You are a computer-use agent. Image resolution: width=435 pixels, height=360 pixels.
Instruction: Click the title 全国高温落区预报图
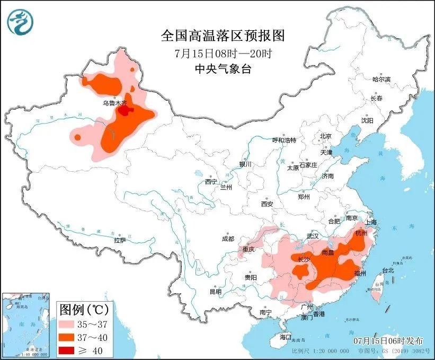click(223, 36)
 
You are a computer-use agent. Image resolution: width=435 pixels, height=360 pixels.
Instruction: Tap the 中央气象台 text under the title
click(223, 68)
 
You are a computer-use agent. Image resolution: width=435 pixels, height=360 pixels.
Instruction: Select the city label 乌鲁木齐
click(114, 104)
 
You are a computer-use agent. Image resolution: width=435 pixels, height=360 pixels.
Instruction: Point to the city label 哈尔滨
click(381, 79)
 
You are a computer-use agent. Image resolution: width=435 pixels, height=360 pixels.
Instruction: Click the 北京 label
click(325, 136)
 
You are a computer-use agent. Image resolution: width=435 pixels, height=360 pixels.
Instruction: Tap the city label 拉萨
click(120, 240)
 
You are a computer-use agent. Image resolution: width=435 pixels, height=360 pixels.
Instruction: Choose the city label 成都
click(228, 239)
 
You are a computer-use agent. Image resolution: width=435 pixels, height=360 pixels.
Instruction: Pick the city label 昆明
click(215, 291)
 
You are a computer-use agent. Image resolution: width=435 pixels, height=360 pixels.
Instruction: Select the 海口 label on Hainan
click(286, 337)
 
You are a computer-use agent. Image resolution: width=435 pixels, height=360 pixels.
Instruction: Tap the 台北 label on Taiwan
click(388, 270)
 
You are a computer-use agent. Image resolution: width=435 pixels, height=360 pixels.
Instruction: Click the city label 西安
click(267, 204)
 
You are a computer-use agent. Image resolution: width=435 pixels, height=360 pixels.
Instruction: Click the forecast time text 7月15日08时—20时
click(223, 53)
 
